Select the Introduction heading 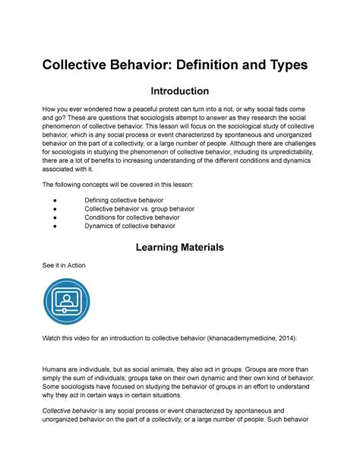pyautogui.click(x=179, y=92)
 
